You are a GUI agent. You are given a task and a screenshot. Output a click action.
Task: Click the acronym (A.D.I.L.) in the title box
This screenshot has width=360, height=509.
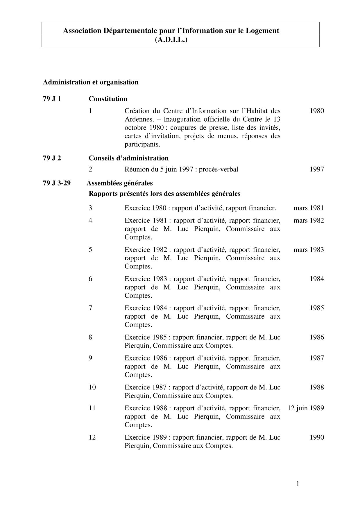[x=171, y=40]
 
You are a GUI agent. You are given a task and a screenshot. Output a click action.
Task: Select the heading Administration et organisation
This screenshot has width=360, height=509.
[x=91, y=82]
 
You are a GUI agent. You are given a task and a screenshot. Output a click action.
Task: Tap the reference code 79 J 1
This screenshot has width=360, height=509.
[x=52, y=99]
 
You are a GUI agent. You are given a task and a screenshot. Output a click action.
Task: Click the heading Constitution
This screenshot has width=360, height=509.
[x=108, y=99]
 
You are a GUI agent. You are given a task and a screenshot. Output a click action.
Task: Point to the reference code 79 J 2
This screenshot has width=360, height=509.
[x=52, y=158]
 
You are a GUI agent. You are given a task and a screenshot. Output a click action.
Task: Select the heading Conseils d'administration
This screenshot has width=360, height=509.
[x=129, y=158]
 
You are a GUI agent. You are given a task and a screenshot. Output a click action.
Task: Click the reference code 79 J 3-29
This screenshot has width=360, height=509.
[x=57, y=183]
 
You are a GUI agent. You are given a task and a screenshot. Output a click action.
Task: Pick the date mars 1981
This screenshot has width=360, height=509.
[x=309, y=208]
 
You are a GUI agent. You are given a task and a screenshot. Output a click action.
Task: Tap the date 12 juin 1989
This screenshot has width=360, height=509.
[x=306, y=408]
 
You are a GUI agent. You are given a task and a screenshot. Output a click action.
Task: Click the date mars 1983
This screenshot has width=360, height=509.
[x=309, y=250]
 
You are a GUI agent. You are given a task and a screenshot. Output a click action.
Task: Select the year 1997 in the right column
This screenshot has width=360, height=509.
[x=317, y=169]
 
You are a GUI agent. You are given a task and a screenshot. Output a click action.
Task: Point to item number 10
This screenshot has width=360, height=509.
[x=92, y=387]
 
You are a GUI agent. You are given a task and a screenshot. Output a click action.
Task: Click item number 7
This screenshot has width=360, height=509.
[x=91, y=308]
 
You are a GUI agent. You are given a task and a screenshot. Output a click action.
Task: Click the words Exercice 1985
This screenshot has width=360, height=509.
[x=146, y=337]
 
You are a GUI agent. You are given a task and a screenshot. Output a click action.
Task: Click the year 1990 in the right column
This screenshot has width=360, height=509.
[x=317, y=437]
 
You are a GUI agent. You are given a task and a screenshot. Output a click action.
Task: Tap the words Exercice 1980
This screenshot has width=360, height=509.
[x=146, y=208]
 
